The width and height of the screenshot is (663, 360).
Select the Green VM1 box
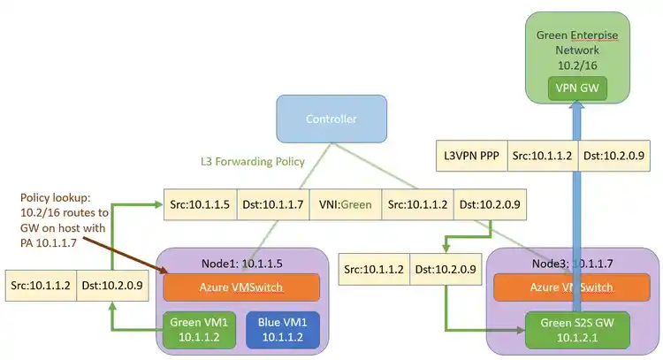(199, 327)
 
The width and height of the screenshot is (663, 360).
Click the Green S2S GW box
(578, 327)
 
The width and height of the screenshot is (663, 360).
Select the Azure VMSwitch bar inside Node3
(577, 287)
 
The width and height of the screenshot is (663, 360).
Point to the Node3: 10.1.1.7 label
(566, 262)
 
